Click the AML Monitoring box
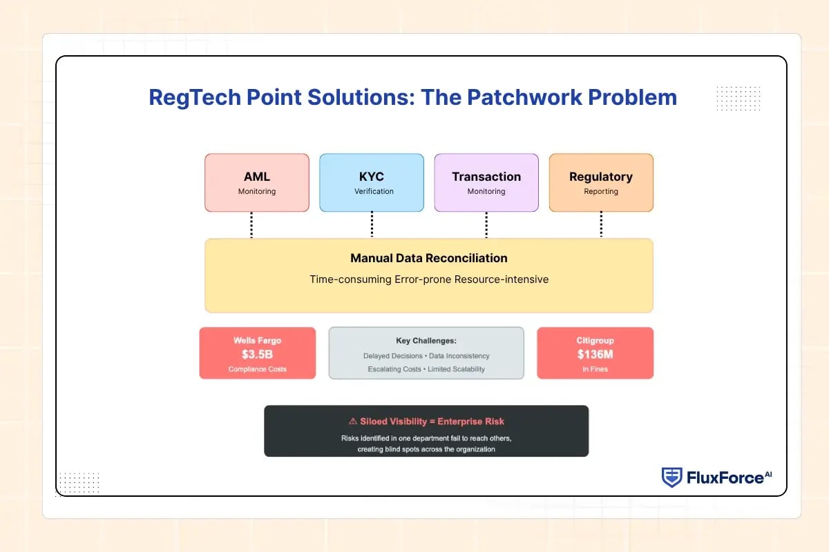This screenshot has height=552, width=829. (x=257, y=182)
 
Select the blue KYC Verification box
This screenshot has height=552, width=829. (x=372, y=182)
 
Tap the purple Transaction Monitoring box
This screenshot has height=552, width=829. (x=486, y=182)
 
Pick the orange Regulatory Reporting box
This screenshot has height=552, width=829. (x=601, y=182)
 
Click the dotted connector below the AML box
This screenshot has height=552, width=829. (x=251, y=225)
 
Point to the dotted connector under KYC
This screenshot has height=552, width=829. (x=372, y=225)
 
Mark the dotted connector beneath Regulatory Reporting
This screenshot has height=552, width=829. (x=601, y=225)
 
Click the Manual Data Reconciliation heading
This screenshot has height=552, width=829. (x=428, y=259)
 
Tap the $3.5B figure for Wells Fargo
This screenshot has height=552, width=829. (x=257, y=354)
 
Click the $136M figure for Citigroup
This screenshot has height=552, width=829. (x=595, y=354)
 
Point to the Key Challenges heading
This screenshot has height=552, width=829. (x=426, y=341)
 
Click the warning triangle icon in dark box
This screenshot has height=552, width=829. (x=353, y=421)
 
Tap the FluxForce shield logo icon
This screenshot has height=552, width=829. (x=671, y=477)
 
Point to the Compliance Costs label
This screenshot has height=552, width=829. (x=257, y=370)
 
